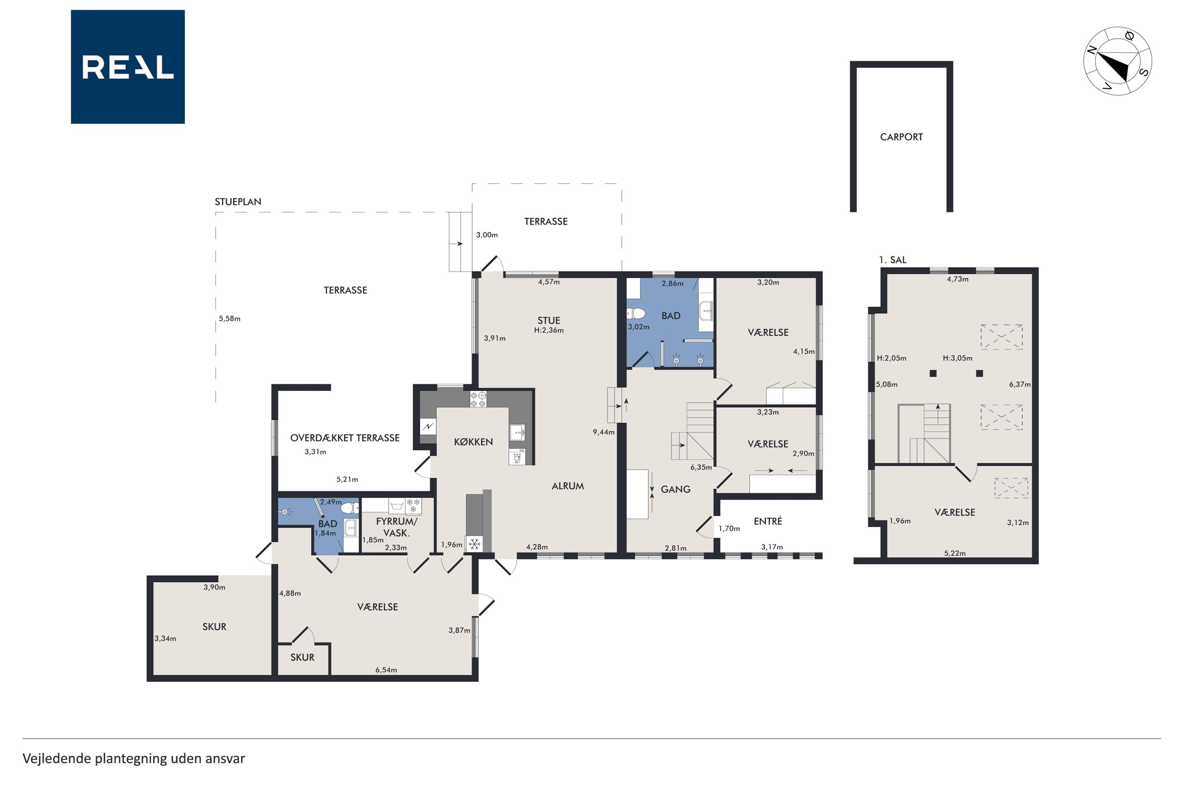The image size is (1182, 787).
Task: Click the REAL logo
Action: pyautogui.click(x=128, y=67)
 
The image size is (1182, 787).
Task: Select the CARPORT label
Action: pyautogui.click(x=901, y=137)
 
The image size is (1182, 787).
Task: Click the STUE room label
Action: pyautogui.click(x=549, y=320)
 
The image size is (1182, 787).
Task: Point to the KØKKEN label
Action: pyautogui.click(x=473, y=442)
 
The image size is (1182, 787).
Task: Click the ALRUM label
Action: pyautogui.click(x=568, y=486)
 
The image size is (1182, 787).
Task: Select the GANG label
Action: pyautogui.click(x=676, y=489)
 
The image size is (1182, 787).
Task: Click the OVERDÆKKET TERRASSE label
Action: pyautogui.click(x=345, y=438)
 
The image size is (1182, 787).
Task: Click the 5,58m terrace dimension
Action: pyautogui.click(x=230, y=318)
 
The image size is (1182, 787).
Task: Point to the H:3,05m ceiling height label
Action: pyautogui.click(x=957, y=358)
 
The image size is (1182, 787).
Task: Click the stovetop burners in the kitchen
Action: pyautogui.click(x=478, y=400)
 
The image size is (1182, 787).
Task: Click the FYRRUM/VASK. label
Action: pyautogui.click(x=396, y=527)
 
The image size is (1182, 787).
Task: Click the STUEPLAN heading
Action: pyautogui.click(x=238, y=202)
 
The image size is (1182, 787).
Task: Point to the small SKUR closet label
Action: pyautogui.click(x=302, y=658)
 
